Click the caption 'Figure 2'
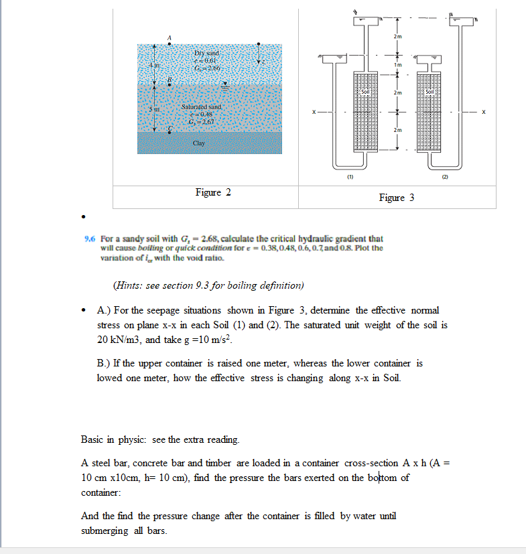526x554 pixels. (213, 192)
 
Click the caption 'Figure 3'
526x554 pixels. (397, 197)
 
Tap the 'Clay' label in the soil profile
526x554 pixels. (199, 143)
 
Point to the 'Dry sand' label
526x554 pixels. (202, 52)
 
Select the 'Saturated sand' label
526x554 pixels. (201, 107)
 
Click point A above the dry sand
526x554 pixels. (170, 38)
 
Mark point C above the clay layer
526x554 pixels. (170, 127)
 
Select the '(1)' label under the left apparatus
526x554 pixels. (349, 178)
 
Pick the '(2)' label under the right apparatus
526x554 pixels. (444, 178)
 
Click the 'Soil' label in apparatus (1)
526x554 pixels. (366, 91)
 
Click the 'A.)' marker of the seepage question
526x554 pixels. (105, 311)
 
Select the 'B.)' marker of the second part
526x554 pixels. (105, 363)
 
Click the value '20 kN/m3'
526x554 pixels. (119, 339)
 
